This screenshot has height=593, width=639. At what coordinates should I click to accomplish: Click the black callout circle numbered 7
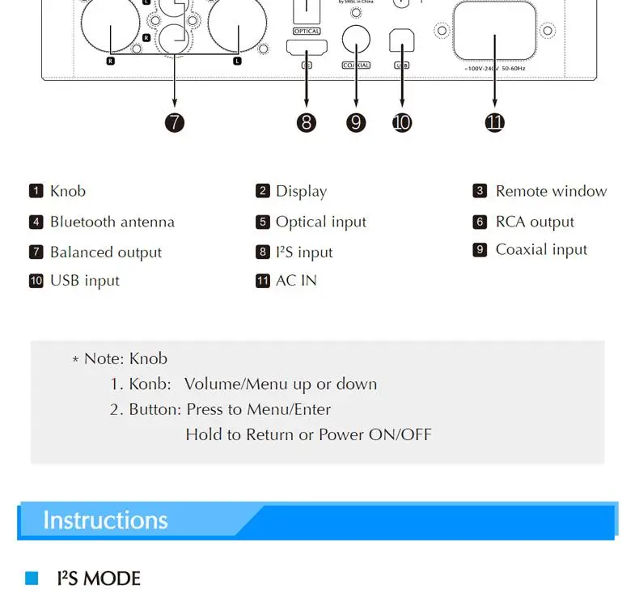pos(175,122)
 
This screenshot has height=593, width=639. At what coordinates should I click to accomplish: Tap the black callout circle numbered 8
pos(306,122)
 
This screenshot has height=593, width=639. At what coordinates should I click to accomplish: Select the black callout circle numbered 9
pos(356,122)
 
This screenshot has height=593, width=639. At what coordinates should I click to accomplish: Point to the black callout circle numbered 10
pos(402,122)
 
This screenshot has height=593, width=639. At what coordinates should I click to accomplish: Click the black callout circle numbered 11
pos(495,122)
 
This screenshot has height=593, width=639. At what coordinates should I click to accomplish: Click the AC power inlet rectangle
pos(495,30)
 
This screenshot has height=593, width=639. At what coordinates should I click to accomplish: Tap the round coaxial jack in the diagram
pos(356,37)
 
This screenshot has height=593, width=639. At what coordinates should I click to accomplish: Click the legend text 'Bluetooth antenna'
pos(112,222)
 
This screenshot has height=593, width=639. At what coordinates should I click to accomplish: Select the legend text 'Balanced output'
pos(106,252)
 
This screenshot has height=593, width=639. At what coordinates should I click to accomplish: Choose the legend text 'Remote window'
pos(551,191)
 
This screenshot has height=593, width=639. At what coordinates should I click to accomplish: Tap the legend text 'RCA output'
pos(535,222)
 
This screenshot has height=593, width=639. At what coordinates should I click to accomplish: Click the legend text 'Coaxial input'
pos(541,250)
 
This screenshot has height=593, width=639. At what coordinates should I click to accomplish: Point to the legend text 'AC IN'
pos(296,281)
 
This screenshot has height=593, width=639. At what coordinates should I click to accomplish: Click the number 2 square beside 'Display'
pos(262,191)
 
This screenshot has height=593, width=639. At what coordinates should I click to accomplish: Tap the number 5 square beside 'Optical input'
pos(262,222)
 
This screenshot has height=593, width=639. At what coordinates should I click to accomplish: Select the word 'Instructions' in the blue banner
pos(105,519)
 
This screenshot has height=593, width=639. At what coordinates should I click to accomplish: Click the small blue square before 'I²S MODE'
pos(32,578)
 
